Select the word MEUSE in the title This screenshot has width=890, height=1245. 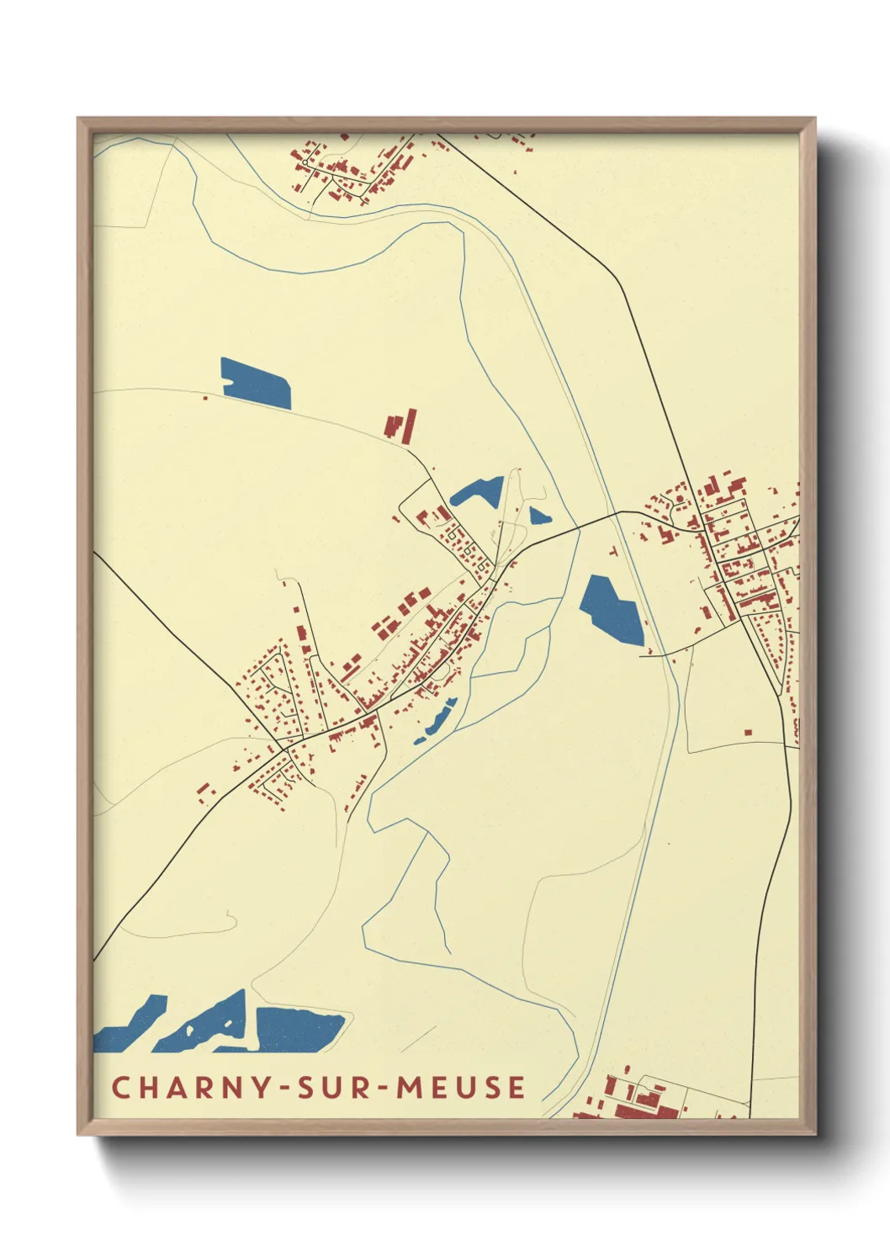pyautogui.click(x=461, y=1087)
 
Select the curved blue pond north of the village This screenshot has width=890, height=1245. pyautogui.click(x=477, y=491)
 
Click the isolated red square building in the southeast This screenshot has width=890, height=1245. pyautogui.click(x=748, y=731)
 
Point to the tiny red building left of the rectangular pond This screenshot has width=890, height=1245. pyautogui.click(x=205, y=397)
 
